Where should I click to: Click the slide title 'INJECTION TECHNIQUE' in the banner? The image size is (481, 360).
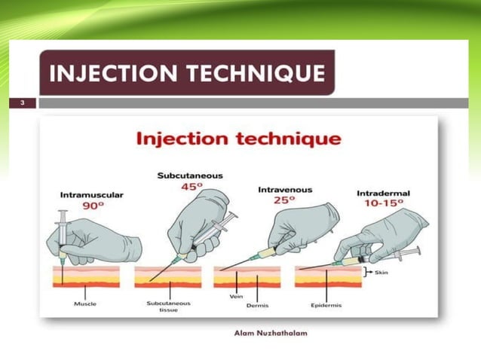pyautogui.click(x=186, y=73)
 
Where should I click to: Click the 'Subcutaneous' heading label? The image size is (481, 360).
pyautogui.click(x=189, y=175)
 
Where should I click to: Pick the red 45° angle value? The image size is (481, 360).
pyautogui.click(x=189, y=187)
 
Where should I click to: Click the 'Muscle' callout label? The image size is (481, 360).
pyautogui.click(x=84, y=304)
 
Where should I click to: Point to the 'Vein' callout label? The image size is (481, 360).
pyautogui.click(x=234, y=297)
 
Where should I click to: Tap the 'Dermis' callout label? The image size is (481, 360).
pyautogui.click(x=259, y=305)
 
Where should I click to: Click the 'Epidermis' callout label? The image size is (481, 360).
pyautogui.click(x=326, y=305)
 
